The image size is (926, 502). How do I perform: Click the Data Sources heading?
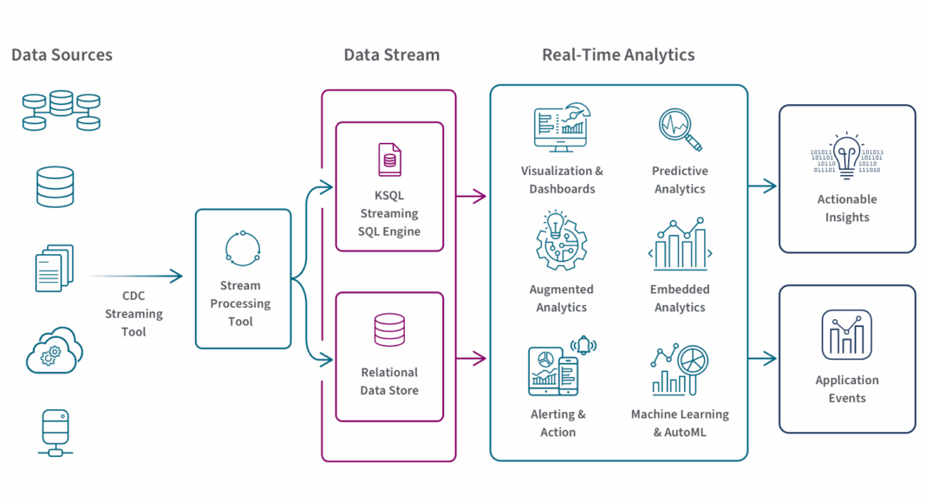[x=62, y=55]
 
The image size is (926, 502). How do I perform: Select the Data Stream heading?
[x=392, y=55]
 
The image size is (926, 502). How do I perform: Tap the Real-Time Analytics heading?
[x=618, y=55]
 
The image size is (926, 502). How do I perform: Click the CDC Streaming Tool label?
[x=134, y=313]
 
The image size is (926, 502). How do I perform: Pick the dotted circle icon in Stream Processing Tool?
[x=242, y=249]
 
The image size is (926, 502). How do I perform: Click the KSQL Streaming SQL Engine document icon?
[x=389, y=160]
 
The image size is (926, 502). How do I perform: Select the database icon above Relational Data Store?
[x=389, y=330]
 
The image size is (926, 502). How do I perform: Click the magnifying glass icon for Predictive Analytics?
[x=679, y=128]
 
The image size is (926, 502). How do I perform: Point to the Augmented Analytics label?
[x=561, y=298]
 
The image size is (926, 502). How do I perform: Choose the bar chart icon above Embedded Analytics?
[x=680, y=245]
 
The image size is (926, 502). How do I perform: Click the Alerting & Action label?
[x=558, y=423]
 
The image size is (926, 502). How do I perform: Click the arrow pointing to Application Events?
[x=763, y=358]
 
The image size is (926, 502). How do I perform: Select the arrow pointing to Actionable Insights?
[x=763, y=186]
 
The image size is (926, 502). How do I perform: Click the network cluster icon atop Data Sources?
[x=61, y=110]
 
